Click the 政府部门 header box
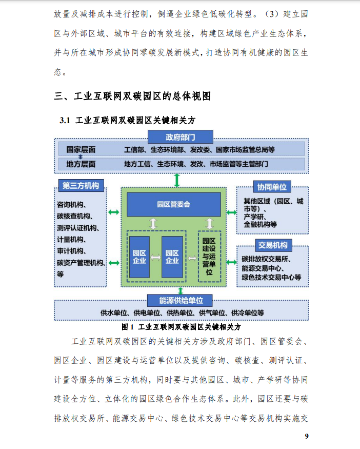pos(181,137)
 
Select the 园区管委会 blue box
pos(174,204)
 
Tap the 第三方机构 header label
pos(81,186)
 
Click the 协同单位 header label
pos(272,187)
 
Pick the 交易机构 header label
pos(273,245)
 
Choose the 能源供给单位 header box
pos(180,300)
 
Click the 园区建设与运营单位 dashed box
pos(209,256)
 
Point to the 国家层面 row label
pos(81,149)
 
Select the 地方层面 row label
pos(81,164)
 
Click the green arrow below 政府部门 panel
pos(177,180)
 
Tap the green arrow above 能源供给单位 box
pos(181,290)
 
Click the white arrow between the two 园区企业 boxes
pos(156,258)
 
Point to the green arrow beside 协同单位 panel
pos(231,212)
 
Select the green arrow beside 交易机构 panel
pos(231,262)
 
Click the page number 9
pos(307,436)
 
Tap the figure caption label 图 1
pos(128,327)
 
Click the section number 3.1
pos(65,121)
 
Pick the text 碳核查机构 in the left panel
pos(75,216)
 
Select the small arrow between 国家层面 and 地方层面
pos(81,157)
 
